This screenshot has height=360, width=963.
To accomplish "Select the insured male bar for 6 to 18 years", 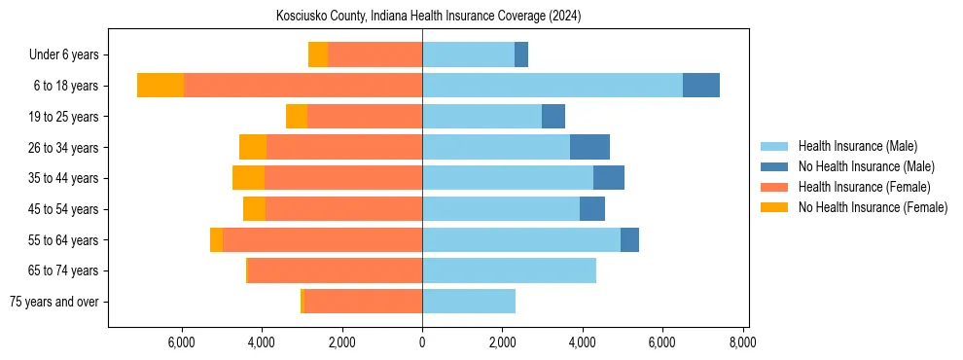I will (552, 86).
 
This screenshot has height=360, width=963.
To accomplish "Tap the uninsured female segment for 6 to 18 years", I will (160, 86).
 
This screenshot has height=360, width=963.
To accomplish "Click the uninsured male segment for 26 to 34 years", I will (589, 147).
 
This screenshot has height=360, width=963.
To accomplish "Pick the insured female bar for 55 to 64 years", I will (322, 239).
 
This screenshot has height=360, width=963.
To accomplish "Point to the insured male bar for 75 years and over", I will (468, 302).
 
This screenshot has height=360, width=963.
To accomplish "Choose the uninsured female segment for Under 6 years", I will (318, 54).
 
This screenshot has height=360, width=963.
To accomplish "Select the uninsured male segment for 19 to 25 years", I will (553, 117).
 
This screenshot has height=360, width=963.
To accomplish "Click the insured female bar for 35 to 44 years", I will (342, 178).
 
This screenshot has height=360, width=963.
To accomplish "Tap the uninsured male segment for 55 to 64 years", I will (629, 239).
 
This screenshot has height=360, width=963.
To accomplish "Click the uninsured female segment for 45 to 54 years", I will (254, 209).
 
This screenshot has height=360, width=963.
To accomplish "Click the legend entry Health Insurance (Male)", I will (857, 146).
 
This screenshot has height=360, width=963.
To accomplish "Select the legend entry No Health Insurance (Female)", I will (873, 207).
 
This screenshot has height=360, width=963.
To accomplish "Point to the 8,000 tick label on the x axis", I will (742, 342).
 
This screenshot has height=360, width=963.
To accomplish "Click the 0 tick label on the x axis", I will (422, 342).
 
